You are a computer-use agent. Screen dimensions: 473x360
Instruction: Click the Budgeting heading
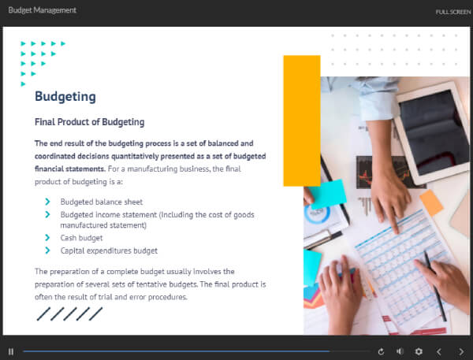(65, 97)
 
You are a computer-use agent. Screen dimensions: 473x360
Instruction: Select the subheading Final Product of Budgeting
(90, 122)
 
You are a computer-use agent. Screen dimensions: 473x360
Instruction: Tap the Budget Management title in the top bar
(43, 10)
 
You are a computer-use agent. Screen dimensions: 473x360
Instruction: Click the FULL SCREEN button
(453, 12)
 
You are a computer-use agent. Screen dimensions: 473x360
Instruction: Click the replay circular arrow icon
(381, 351)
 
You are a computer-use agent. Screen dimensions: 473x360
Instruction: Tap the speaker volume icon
(400, 351)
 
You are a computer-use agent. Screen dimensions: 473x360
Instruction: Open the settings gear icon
(419, 351)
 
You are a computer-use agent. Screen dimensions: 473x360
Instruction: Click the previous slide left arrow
(439, 351)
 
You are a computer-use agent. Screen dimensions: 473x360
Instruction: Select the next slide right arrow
(461, 351)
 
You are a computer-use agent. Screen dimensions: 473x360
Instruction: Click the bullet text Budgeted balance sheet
(102, 202)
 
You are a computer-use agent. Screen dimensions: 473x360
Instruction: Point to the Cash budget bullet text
(81, 238)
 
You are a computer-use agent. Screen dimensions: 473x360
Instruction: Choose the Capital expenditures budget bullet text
(109, 251)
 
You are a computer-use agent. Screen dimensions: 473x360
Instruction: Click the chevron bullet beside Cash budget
(47, 238)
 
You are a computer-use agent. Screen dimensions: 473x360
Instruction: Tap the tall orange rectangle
(302, 121)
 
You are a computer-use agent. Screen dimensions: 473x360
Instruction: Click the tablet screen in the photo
(432, 132)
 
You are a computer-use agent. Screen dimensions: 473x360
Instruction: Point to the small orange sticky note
(431, 203)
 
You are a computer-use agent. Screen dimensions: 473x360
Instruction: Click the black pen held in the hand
(434, 286)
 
